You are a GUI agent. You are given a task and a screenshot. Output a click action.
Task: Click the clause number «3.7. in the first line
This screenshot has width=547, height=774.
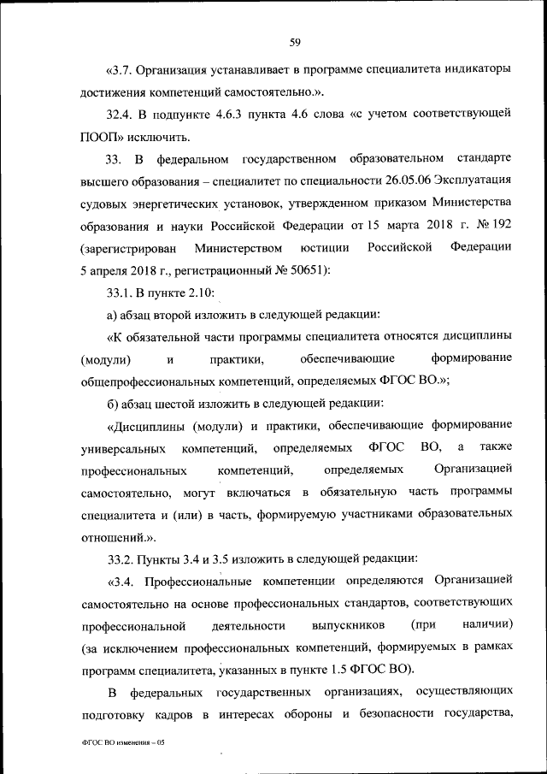pos(121,68)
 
